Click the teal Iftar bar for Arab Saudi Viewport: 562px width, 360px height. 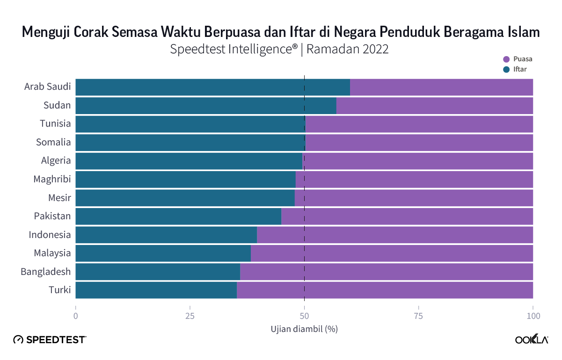click(212, 87)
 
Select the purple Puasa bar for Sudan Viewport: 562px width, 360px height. click(434, 106)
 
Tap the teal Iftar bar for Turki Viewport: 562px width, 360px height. click(156, 290)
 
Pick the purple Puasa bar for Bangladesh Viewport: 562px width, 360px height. click(386, 272)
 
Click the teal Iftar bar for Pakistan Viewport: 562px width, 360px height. click(178, 216)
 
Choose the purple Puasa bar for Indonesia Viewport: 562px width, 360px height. click(394, 235)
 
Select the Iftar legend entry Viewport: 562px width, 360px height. click(518, 70)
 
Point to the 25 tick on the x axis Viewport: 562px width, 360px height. click(190, 316)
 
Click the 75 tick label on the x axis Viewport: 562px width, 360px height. click(418, 316)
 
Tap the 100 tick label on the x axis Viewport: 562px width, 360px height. click(533, 316)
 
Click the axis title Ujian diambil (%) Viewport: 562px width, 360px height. click(304, 329)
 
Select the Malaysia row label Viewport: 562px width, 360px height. click(52, 253)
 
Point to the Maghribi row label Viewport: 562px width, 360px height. click(52, 180)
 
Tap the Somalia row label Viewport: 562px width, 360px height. click(54, 143)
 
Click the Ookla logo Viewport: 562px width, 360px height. click(532, 340)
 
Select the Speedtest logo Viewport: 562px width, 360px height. click(50, 340)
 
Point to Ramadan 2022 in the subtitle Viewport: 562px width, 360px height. click(348, 50)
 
